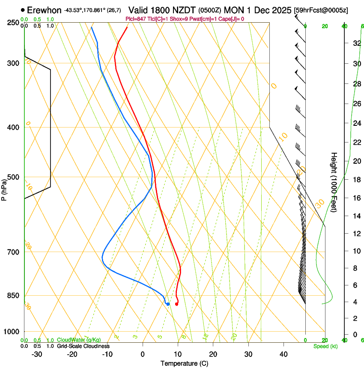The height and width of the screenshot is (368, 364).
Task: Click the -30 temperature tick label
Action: click(37, 354)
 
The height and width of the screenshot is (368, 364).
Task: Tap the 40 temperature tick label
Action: click(283, 354)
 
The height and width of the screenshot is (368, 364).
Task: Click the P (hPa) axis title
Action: click(4, 189)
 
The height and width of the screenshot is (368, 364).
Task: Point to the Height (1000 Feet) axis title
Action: click(334, 182)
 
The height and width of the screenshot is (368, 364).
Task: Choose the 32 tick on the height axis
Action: click(356, 43)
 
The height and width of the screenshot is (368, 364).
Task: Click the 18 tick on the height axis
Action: click(356, 180)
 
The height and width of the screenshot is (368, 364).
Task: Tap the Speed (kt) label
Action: click(325, 346)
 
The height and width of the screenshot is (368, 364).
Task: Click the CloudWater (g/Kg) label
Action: click(79, 340)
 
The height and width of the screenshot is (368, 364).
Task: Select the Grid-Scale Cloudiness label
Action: click(83, 346)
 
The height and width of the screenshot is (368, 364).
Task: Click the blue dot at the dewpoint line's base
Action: click(168, 304)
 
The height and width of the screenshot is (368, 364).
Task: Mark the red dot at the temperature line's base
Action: click(176, 304)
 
